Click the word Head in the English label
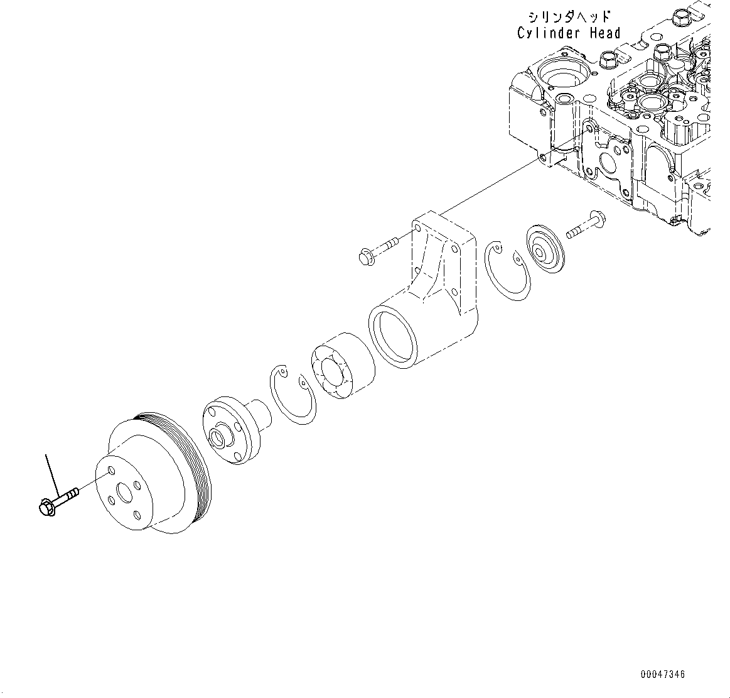[604, 33]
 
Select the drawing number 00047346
[663, 674]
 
